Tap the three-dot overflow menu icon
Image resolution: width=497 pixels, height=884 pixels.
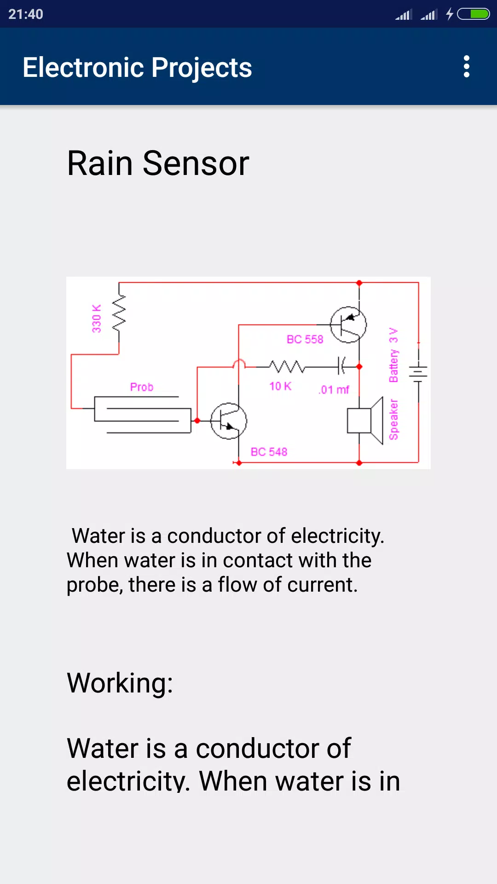pos(467,67)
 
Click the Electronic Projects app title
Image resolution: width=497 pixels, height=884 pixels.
pos(137,68)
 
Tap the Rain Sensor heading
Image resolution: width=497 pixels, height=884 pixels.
pos(158,163)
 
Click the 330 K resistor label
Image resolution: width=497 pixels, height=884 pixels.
pos(97,318)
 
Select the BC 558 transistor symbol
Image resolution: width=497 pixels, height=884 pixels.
pos(348,325)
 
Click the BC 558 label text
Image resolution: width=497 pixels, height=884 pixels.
pos(305,339)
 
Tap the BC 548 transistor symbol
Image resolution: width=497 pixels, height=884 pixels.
pos(229,420)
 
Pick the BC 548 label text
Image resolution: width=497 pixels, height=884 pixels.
pos(269,452)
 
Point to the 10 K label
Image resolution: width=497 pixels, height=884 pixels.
pos(280,386)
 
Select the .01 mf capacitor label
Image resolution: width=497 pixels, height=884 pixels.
pos(334,390)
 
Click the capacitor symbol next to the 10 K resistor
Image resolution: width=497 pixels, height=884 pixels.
pos(341,366)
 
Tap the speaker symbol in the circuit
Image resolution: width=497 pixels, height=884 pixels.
pos(365,420)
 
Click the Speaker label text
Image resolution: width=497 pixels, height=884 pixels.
pos(393,419)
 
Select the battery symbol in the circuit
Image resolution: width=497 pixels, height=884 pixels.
pos(418,371)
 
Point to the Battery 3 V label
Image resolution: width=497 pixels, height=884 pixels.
pos(393,355)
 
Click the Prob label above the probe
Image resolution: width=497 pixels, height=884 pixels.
pos(142,387)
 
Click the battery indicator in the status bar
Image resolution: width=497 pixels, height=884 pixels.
pos(473,14)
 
